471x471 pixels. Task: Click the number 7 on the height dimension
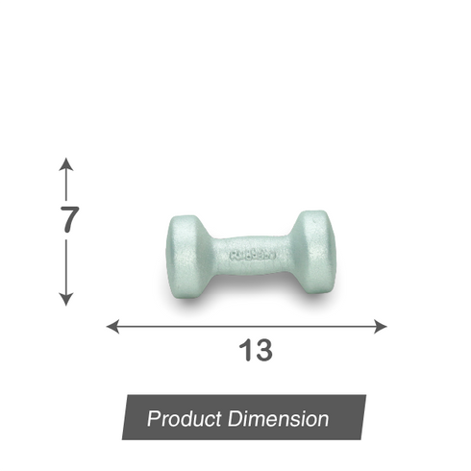click(67, 219)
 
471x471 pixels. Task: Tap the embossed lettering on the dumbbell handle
click(252, 256)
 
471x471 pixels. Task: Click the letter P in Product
click(153, 419)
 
